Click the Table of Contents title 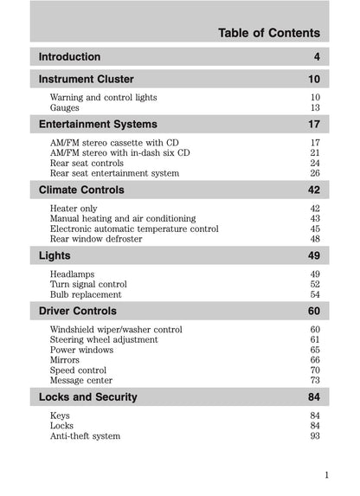coord(268,33)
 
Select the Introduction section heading coord(70,57)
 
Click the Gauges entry coord(65,108)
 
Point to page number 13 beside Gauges coord(315,108)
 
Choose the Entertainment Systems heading coord(99,125)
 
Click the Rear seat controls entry coord(87,163)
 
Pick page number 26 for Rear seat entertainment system coord(315,173)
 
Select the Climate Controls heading coord(82,190)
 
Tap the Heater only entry coord(74,209)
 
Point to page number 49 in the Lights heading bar coord(313,255)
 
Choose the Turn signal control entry coord(88,285)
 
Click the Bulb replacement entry coord(87,295)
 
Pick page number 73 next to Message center coord(315,380)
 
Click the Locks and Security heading coord(88,397)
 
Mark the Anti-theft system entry coord(85,436)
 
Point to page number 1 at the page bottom coord(326,474)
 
